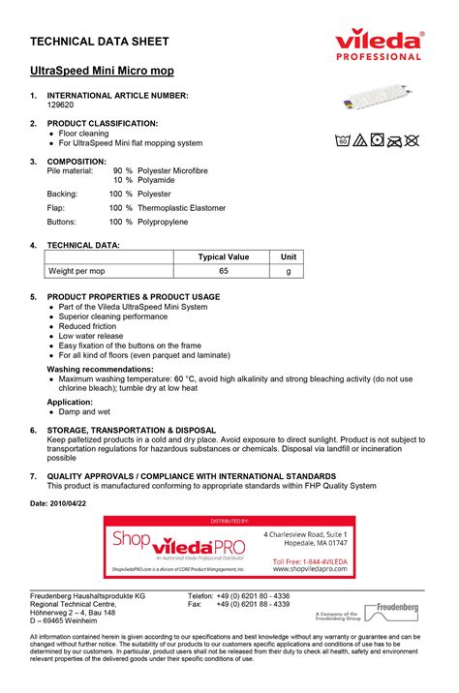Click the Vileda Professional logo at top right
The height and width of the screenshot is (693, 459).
[380, 44]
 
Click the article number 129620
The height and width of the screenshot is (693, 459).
[60, 105]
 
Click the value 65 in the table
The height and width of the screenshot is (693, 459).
[224, 272]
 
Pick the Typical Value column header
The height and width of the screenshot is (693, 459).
[224, 256]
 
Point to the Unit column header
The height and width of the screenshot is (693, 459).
[288, 256]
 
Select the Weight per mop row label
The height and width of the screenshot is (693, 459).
[76, 272]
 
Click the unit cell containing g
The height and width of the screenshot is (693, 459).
[288, 272]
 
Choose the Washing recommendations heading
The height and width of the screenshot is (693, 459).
[99, 370]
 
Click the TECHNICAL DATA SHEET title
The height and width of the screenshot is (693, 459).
[101, 42]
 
